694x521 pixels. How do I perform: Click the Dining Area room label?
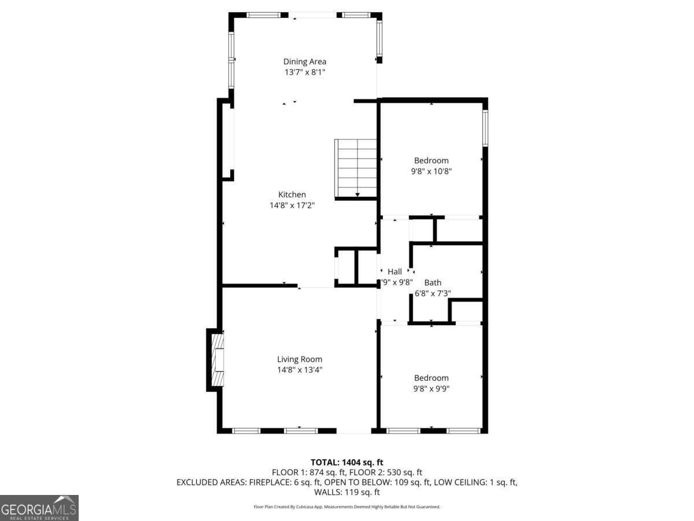304,61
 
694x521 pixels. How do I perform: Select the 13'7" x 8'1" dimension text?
304,72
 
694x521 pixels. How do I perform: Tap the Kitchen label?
292,195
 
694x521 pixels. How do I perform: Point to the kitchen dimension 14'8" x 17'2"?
292,205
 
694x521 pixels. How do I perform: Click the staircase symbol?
356,168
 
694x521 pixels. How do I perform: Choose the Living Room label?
300,359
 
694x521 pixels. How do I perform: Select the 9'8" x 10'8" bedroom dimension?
431,171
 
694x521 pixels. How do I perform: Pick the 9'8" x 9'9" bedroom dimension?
431,388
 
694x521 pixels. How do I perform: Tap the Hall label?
395,271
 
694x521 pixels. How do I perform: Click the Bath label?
433,282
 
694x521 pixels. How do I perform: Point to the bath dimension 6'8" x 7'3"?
433,293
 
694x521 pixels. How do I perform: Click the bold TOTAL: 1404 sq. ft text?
347,462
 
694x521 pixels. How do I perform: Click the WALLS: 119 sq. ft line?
347,492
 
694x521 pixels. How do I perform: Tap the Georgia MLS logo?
39,508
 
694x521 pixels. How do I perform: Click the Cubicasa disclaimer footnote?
347,507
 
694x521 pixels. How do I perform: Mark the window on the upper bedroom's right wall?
485,128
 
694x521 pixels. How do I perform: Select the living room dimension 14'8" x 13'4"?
300,370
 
